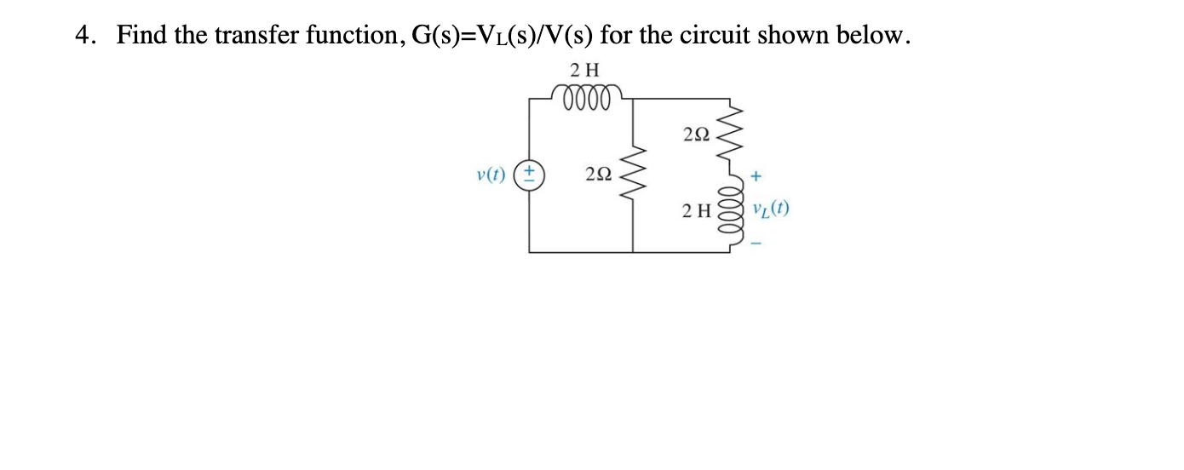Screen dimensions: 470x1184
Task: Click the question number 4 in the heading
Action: (x=82, y=36)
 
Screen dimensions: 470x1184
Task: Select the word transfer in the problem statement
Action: (x=246, y=36)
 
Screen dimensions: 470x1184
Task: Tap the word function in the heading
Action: (x=346, y=36)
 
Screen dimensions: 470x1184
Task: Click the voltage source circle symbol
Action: (x=529, y=175)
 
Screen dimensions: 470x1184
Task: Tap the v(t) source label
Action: (x=491, y=175)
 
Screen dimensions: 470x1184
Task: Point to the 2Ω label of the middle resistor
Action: (x=599, y=175)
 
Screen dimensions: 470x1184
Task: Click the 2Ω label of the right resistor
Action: (x=695, y=134)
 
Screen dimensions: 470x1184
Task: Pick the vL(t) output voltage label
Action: (x=770, y=209)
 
